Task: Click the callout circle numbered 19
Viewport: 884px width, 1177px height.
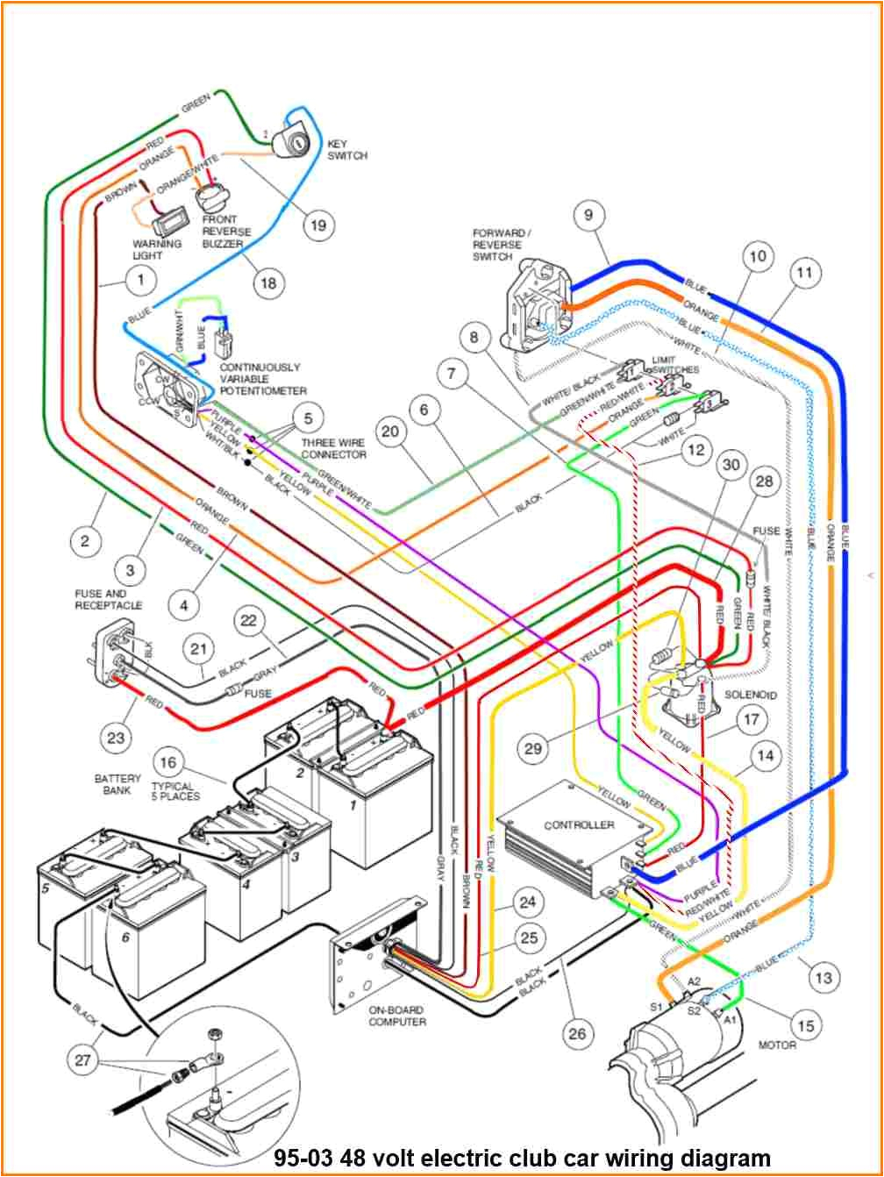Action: click(318, 225)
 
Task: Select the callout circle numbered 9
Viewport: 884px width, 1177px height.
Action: click(589, 213)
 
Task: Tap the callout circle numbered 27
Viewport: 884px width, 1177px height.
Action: click(82, 1059)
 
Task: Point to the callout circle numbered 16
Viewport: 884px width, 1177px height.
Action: click(168, 761)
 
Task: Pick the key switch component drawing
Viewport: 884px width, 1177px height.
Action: click(292, 137)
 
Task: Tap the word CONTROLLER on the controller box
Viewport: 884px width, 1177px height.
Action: click(579, 825)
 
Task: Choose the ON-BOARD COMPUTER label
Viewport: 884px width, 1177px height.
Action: click(397, 1016)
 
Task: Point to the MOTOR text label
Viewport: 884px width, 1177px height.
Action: click(777, 1045)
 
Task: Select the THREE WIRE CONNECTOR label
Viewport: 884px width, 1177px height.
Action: click(333, 448)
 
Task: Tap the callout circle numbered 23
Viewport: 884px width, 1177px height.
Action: click(117, 737)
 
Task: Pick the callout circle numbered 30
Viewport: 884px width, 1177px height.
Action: click(730, 466)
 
